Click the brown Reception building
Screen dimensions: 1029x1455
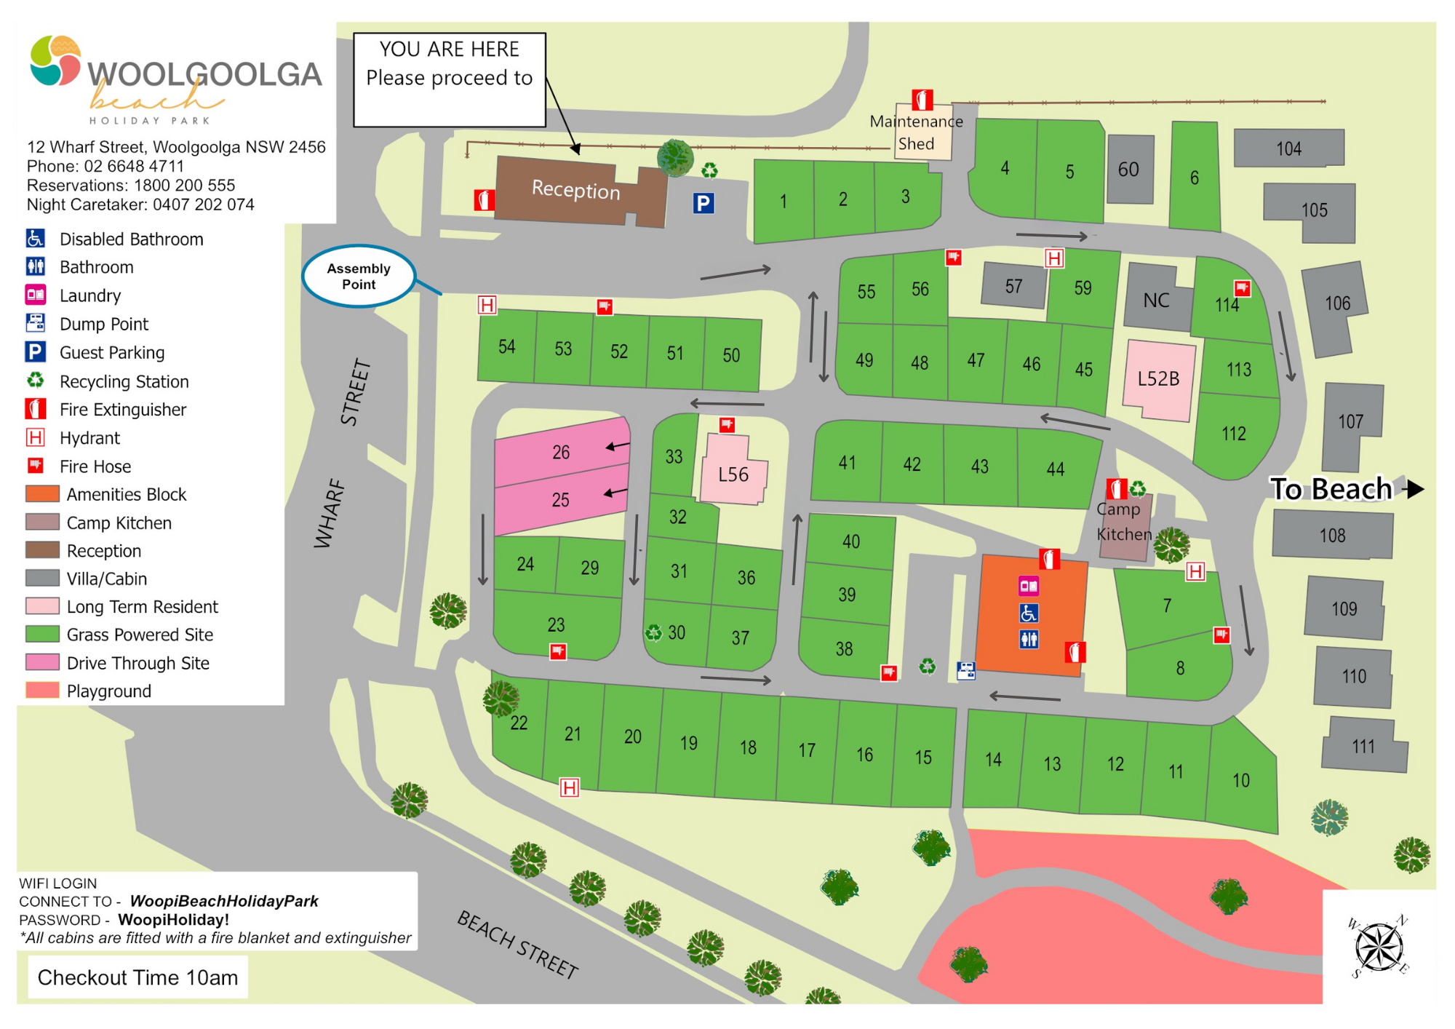[x=575, y=191]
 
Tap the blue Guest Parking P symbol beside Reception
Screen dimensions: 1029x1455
[x=703, y=203]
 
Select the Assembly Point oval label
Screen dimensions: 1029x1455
[x=358, y=277]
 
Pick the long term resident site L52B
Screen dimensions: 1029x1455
[x=1158, y=378]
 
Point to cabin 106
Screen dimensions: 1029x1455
[x=1336, y=303]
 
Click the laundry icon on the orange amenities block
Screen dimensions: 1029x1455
[x=1029, y=586]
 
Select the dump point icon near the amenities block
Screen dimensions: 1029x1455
[x=965, y=670]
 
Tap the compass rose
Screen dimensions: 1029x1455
[x=1378, y=947]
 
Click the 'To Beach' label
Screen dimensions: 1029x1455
[x=1331, y=489]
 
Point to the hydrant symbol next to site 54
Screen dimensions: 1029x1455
[x=487, y=305]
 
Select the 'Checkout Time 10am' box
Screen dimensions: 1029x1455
[x=137, y=977]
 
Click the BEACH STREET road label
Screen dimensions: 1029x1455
[x=517, y=945]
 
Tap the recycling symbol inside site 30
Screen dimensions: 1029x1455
[x=654, y=632]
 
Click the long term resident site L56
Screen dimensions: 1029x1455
[x=733, y=474]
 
